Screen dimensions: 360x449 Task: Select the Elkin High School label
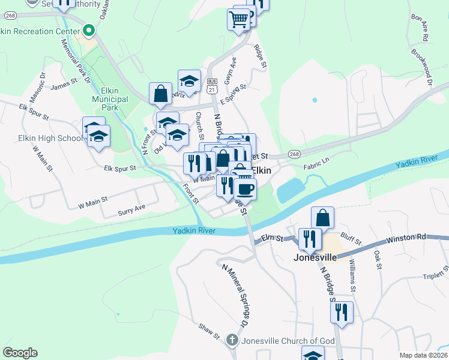pyautogui.click(x=50, y=139)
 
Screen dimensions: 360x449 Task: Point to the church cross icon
pyautogui.click(x=233, y=341)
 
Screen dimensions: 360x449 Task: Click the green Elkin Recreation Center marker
pyautogui.click(x=89, y=30)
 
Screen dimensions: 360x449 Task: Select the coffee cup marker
pyautogui.click(x=245, y=190)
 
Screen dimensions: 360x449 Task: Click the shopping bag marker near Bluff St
pyautogui.click(x=323, y=217)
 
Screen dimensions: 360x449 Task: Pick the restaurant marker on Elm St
pyautogui.click(x=309, y=239)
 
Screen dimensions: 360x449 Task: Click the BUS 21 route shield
pyautogui.click(x=211, y=85)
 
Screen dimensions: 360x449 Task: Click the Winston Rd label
pyautogui.click(x=406, y=238)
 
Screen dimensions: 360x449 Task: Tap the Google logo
pyautogui.click(x=20, y=353)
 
